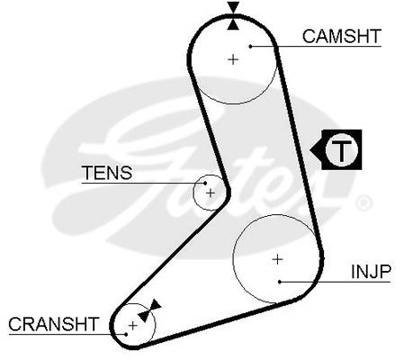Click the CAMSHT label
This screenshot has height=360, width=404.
click(342, 36)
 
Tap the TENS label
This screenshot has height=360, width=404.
click(107, 173)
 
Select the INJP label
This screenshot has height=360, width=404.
click(371, 272)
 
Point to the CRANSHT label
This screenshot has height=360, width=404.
click(54, 324)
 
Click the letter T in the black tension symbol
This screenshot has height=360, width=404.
click(342, 149)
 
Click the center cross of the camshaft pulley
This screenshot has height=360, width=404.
click(233, 59)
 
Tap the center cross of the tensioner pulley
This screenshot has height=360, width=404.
click(211, 193)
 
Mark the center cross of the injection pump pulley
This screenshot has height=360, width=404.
click(277, 259)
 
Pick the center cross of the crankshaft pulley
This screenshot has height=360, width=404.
click(132, 325)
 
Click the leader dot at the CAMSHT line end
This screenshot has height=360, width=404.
click(251, 46)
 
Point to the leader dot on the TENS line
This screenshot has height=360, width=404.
click(205, 183)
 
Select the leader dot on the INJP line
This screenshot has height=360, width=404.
click(280, 282)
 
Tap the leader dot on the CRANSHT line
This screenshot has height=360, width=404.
click(126, 334)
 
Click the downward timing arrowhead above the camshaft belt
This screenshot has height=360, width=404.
click(233, 7)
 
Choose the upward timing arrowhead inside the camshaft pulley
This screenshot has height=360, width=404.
click(233, 24)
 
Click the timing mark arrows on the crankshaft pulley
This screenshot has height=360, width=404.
click(149, 310)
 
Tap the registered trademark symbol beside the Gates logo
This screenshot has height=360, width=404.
click(364, 203)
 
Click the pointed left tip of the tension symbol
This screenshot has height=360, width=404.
click(310, 150)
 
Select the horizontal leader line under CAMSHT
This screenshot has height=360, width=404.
click(316, 46)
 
